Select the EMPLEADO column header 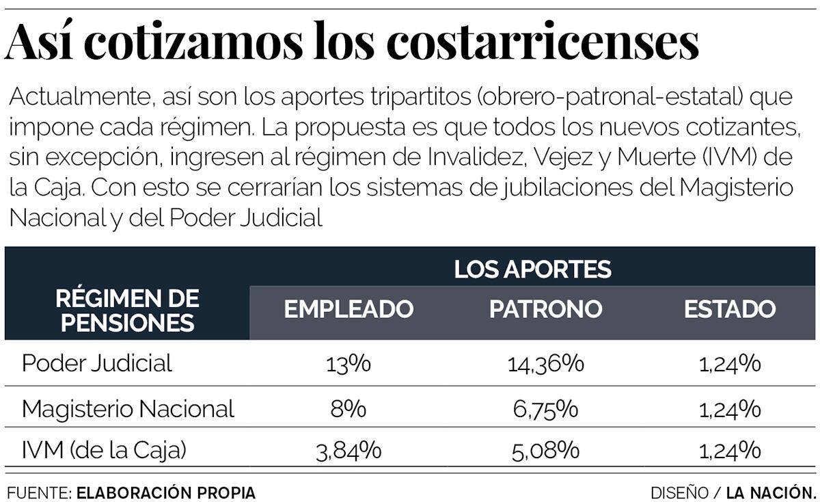(x=348, y=309)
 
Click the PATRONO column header (x=545, y=309)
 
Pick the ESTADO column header (x=730, y=309)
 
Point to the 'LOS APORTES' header (x=532, y=269)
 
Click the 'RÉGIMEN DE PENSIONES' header (x=127, y=310)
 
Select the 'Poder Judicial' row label (x=97, y=363)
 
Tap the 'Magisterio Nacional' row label (x=128, y=409)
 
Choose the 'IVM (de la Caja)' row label (x=104, y=450)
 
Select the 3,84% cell (x=348, y=451)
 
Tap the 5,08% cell (x=545, y=451)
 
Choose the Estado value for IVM (x=730, y=451)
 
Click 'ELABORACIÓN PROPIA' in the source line (x=166, y=492)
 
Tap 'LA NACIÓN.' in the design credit (x=771, y=492)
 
